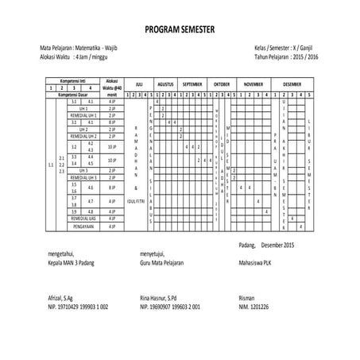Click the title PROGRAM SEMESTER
tap(180, 31)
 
